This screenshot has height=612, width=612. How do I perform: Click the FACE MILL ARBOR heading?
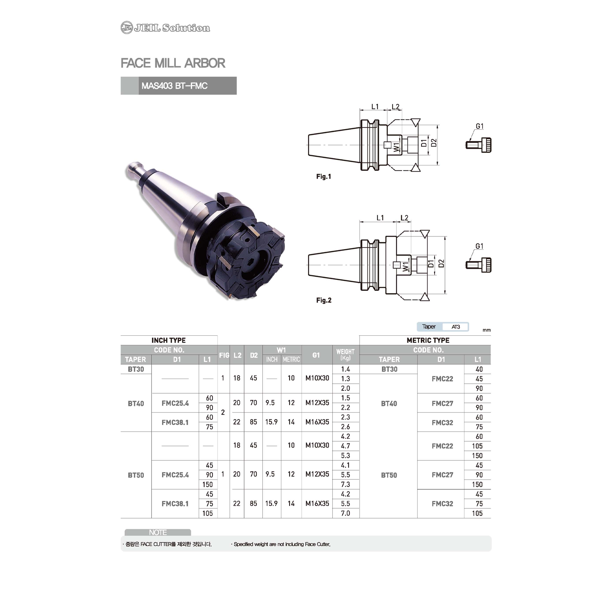(x=173, y=63)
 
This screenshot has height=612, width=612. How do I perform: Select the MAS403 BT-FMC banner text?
(x=175, y=86)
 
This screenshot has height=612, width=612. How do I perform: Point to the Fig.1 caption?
(x=324, y=177)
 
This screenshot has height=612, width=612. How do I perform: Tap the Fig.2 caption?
(x=324, y=300)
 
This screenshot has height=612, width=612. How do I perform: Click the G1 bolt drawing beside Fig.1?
(x=478, y=145)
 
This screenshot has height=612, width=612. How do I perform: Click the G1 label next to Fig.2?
(x=479, y=246)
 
